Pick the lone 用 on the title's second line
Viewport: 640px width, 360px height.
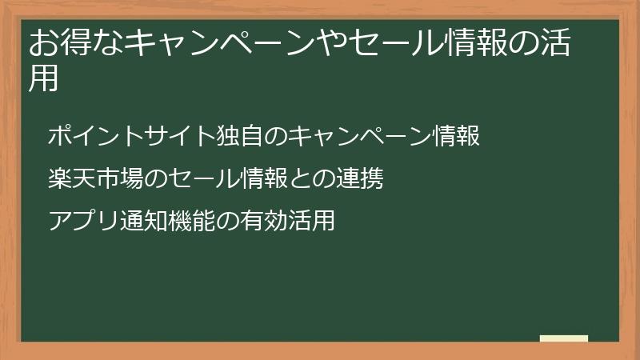coord(44,78)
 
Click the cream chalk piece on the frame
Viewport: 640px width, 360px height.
coord(564,338)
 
